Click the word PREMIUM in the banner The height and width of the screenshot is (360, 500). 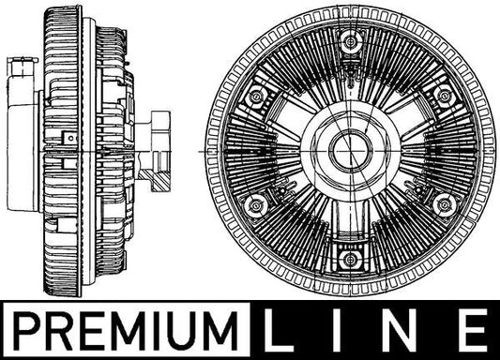tap(125, 331)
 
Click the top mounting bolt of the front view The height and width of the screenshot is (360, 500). tap(351, 41)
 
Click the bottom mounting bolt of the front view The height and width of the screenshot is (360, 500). tap(350, 259)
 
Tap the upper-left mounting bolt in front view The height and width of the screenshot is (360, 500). tap(256, 96)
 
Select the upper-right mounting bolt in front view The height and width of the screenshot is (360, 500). tap(445, 96)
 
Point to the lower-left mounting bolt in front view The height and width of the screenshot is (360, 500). tap(255, 206)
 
